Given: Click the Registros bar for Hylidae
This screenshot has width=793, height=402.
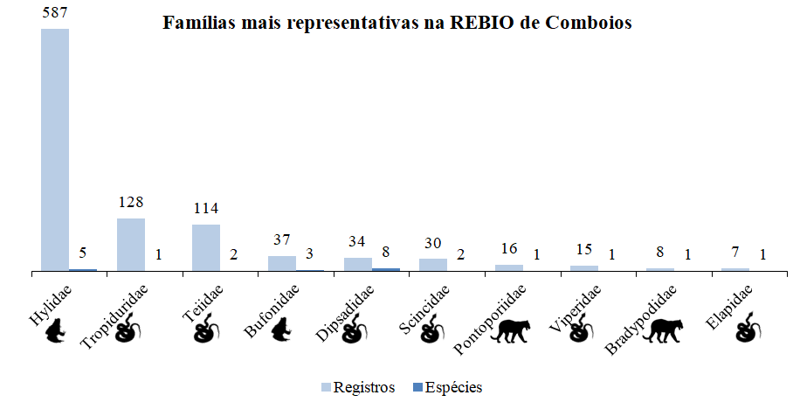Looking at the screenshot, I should pyautogui.click(x=55, y=149).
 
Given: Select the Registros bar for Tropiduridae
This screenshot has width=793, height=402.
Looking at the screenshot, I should pyautogui.click(x=131, y=244).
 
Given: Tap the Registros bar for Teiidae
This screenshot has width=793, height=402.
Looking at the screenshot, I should pyautogui.click(x=206, y=247).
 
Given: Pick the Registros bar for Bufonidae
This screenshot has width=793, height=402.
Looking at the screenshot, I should pyautogui.click(x=281, y=263).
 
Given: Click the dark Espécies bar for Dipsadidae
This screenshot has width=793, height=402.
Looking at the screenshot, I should pyautogui.click(x=386, y=269).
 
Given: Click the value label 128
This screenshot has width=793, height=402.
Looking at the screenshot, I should pyautogui.click(x=131, y=203).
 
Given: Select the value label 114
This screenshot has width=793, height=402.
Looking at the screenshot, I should pyautogui.click(x=206, y=209).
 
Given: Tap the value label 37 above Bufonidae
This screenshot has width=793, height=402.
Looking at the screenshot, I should pyautogui.click(x=281, y=240).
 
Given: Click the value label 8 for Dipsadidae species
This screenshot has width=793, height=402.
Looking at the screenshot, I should pyautogui.click(x=386, y=253).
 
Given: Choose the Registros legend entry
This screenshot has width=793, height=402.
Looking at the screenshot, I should pyautogui.click(x=358, y=386).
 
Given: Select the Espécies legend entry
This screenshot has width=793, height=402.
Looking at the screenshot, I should pyautogui.click(x=445, y=386).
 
